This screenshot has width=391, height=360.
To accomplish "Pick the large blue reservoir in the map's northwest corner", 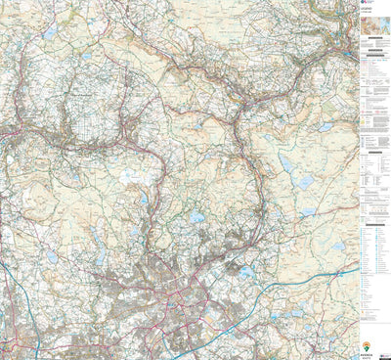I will (50, 33).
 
